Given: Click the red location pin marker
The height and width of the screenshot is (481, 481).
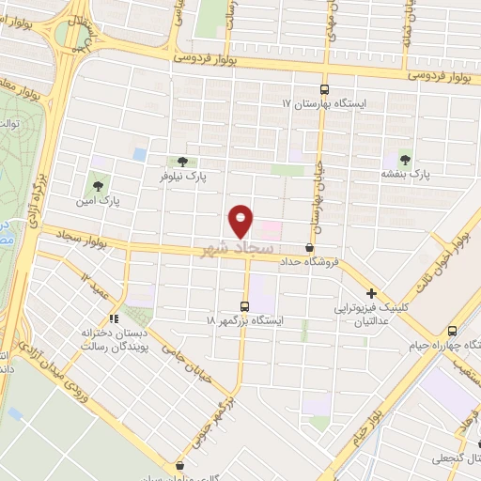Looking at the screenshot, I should (240, 221).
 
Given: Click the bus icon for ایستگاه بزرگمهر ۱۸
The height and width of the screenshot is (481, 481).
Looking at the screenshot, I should (245, 305).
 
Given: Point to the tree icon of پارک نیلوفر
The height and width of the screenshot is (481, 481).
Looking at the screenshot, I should (181, 161).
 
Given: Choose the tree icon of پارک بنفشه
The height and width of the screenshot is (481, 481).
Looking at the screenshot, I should (405, 159).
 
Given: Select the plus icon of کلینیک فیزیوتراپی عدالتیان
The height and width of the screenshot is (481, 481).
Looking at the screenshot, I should (372, 293).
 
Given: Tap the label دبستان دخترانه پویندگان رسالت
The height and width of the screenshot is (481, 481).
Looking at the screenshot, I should (84, 342).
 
